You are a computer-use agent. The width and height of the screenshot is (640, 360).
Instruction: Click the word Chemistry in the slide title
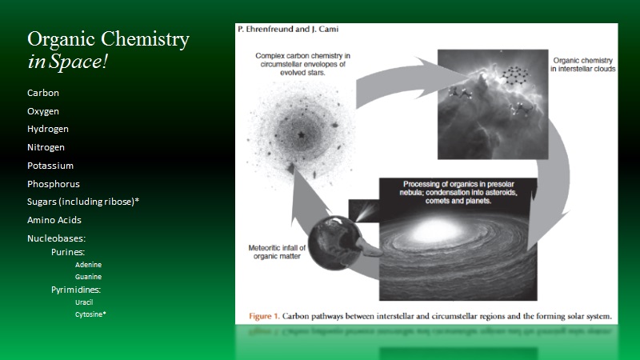tap(145, 40)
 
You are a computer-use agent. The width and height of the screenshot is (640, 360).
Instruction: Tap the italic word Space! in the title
tap(78, 62)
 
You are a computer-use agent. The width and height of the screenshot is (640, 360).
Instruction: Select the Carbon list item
tap(43, 93)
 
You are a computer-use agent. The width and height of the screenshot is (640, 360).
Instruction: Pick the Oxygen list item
tap(43, 111)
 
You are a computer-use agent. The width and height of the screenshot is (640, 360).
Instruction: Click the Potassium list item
tap(50, 166)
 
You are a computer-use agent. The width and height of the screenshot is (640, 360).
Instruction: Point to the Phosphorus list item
tap(53, 184)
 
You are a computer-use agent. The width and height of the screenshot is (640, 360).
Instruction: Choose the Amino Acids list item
tap(54, 220)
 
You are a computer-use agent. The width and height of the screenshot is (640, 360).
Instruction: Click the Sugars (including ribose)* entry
tap(83, 202)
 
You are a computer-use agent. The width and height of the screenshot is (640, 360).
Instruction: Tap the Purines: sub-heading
tap(68, 252)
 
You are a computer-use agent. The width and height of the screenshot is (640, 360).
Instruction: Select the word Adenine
tap(88, 265)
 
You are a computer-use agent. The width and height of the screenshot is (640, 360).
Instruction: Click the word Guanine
tap(88, 277)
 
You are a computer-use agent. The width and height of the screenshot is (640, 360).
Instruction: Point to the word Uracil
tap(84, 302)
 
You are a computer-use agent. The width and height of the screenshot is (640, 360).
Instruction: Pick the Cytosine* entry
tap(90, 314)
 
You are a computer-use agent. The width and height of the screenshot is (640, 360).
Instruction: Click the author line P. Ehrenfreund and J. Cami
tap(288, 29)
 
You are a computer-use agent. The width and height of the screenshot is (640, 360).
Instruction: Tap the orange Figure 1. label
tap(264, 316)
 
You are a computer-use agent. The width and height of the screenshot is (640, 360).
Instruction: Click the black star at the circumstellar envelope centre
tap(302, 134)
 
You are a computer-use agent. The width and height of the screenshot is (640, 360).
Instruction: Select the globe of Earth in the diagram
tap(334, 243)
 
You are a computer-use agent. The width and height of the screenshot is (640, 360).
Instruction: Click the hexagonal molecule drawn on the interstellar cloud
tap(515, 75)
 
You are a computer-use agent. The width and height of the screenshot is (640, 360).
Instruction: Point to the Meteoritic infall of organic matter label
tap(277, 252)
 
